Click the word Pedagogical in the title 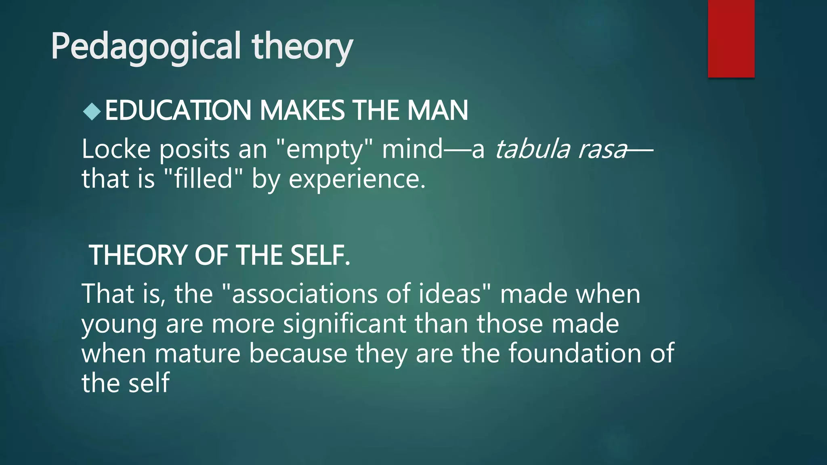[146, 47]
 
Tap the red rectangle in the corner [731, 38]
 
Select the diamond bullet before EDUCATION [92, 112]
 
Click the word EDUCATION [178, 111]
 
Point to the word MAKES [302, 111]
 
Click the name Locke [116, 149]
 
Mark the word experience [357, 180]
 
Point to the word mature [197, 353]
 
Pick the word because [298, 353]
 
